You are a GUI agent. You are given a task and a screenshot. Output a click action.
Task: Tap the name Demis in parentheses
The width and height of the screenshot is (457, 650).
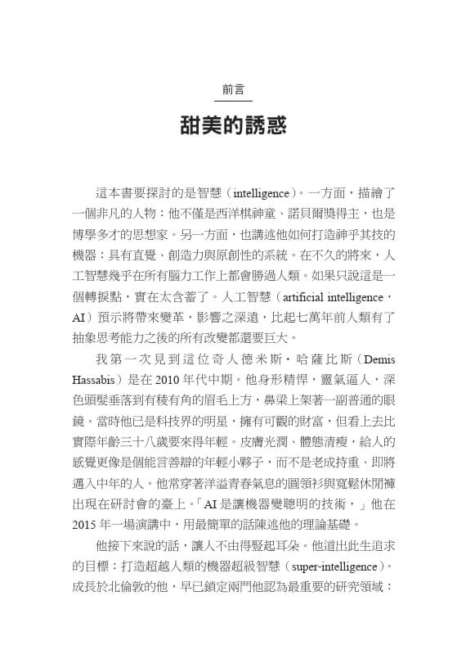point(379,360)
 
